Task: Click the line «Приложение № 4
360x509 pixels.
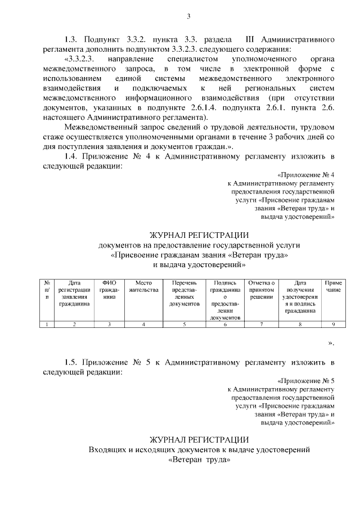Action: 307,174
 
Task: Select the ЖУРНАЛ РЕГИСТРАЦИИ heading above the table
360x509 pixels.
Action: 198,235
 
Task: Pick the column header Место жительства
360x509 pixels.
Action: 143,286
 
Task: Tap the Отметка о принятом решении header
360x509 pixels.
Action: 262,289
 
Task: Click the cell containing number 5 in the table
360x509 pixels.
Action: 184,324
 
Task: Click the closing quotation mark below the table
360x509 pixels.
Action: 331,343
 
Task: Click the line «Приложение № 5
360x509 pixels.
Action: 307,380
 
